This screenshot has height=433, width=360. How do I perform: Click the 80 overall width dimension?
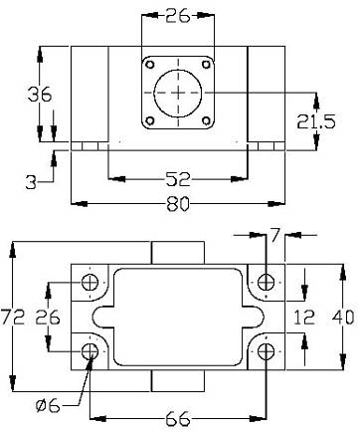(x=178, y=204)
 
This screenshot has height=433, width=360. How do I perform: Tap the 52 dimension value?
(x=178, y=179)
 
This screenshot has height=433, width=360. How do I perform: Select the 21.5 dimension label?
(x=316, y=121)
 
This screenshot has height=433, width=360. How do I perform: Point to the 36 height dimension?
(x=40, y=95)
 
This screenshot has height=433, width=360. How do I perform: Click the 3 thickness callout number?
(x=31, y=182)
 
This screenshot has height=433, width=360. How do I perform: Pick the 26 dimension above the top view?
(x=178, y=15)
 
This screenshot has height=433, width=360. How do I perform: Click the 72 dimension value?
(x=13, y=317)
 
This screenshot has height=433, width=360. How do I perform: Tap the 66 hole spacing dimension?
(x=178, y=419)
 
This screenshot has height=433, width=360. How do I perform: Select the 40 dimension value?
(x=343, y=317)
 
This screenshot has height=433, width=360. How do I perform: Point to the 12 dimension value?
(x=304, y=318)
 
